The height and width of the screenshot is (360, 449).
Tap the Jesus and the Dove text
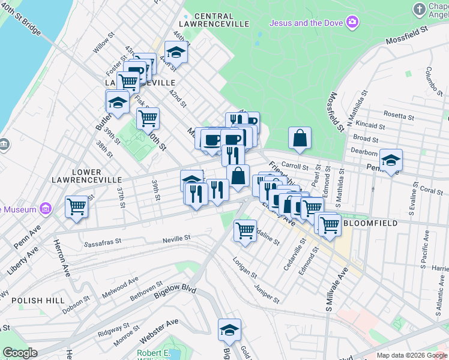pyautogui.click(x=306, y=23)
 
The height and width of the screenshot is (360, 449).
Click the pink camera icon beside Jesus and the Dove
pyautogui.click(x=352, y=23)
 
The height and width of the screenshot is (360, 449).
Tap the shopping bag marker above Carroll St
pyautogui.click(x=300, y=138)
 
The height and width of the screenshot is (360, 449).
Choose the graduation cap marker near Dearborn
pyautogui.click(x=391, y=160)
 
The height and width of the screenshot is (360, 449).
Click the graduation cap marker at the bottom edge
pyautogui.click(x=229, y=330)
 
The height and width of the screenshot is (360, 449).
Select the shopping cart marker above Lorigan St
pyautogui.click(x=245, y=230)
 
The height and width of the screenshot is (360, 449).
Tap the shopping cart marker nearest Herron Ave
pyautogui.click(x=77, y=207)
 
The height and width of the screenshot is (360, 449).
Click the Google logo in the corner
pyautogui.click(x=20, y=353)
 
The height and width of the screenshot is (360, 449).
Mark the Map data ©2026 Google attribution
pyautogui.click(x=412, y=355)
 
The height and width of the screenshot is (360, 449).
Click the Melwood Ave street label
pyautogui.click(x=120, y=284)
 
